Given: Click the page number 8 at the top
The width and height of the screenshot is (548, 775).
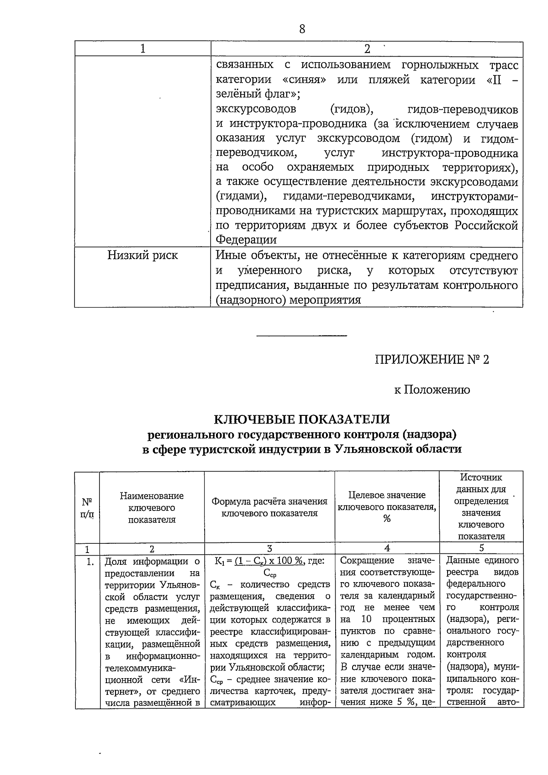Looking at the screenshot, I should pyautogui.click(x=302, y=29).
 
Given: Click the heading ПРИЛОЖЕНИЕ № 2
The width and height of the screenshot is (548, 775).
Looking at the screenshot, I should pyautogui.click(x=432, y=360).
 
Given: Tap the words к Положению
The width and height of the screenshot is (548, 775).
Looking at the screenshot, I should pyautogui.click(x=432, y=390).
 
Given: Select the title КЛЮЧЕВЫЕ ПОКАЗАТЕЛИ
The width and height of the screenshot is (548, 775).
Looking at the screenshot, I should pyautogui.click(x=302, y=419).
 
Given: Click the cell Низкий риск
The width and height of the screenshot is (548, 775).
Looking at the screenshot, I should pyautogui.click(x=142, y=255).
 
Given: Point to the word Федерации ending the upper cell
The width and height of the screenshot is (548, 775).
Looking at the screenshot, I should pyautogui.click(x=246, y=240).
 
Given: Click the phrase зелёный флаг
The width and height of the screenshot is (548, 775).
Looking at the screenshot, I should pyautogui.click(x=254, y=95).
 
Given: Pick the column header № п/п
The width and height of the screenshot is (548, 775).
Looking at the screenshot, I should pyautogui.click(x=87, y=508).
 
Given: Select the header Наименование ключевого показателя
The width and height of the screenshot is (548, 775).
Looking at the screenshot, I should pyautogui.click(x=152, y=508).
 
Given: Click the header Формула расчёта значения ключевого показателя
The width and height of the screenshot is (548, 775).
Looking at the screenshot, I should pyautogui.click(x=269, y=507).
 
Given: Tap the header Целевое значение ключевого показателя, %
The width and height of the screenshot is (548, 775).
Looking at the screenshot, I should pyautogui.click(x=387, y=507).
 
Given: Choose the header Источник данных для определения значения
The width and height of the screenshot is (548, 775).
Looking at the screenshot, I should pyautogui.click(x=481, y=507).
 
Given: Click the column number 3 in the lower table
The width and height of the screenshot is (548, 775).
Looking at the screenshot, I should pyautogui.click(x=269, y=549).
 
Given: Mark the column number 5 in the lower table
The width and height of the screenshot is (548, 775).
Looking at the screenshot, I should pyautogui.click(x=481, y=548).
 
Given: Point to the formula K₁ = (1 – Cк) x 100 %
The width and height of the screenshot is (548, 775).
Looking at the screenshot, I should pyautogui.click(x=269, y=561).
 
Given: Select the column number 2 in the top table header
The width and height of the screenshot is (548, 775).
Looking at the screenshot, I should pyautogui.click(x=367, y=48).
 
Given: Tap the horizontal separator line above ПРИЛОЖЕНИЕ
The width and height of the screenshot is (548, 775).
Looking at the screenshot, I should pyautogui.click(x=302, y=336).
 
